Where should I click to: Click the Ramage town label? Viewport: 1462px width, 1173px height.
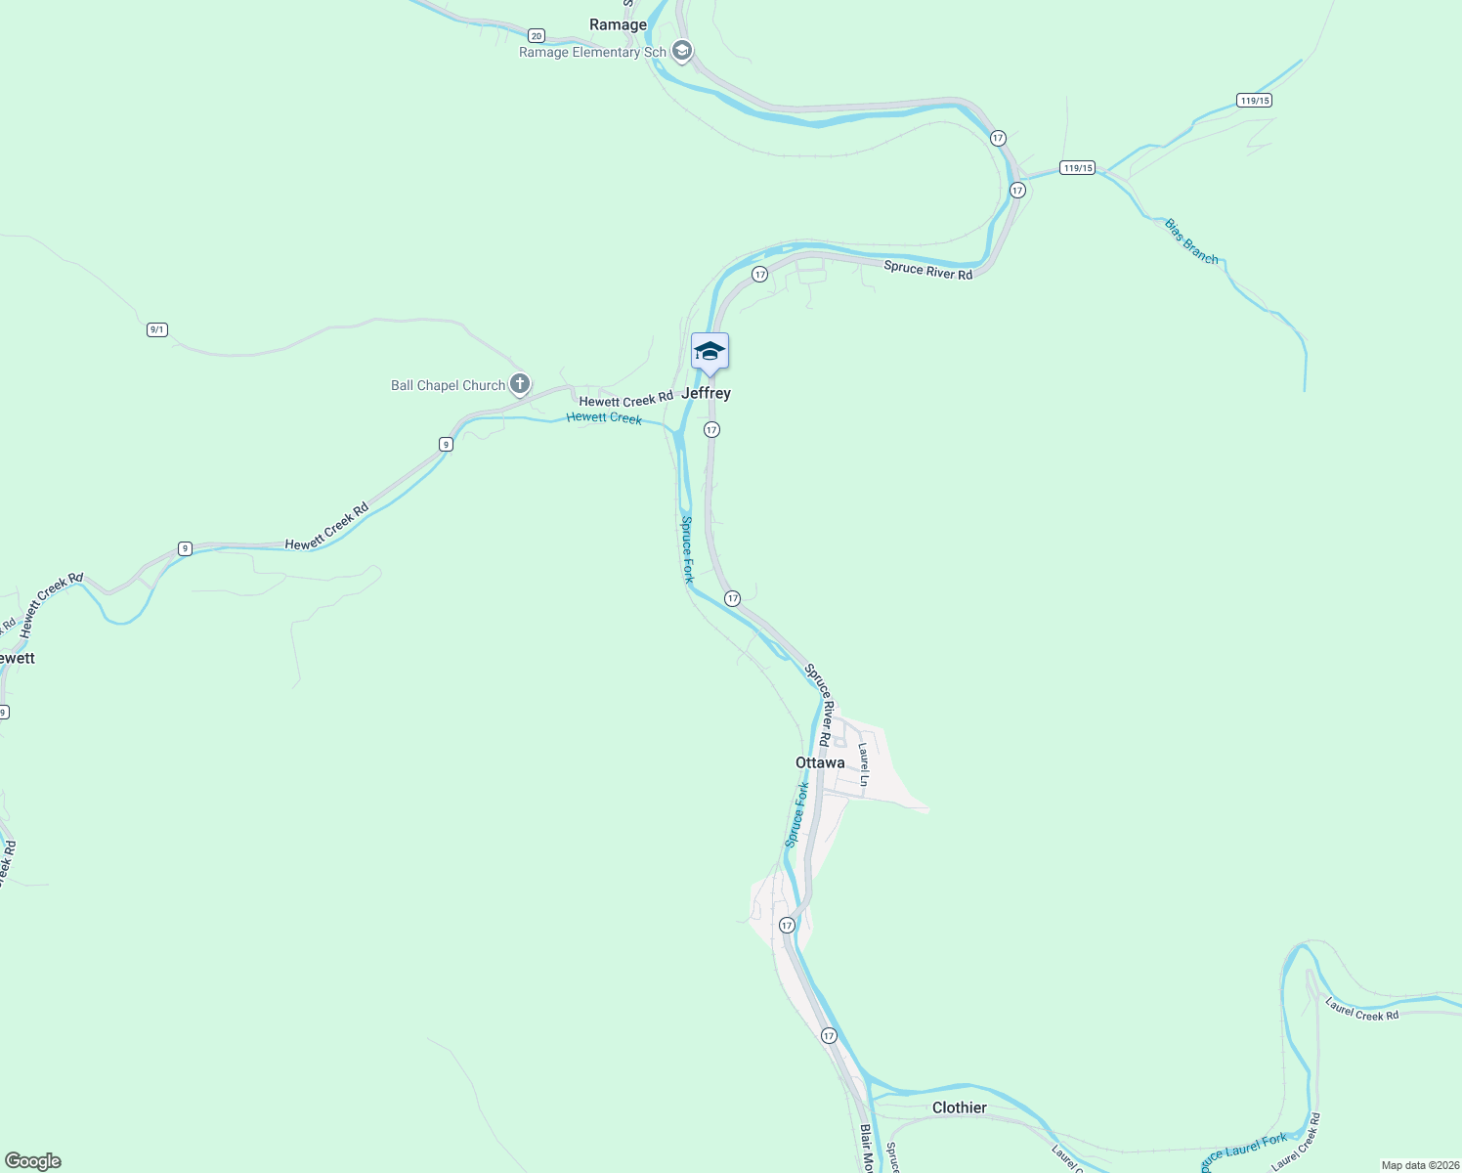click(618, 24)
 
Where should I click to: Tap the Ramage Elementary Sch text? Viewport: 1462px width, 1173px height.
click(592, 53)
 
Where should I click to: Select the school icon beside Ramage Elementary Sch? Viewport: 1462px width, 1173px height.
click(682, 51)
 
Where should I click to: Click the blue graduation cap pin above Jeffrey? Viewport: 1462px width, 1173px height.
click(709, 352)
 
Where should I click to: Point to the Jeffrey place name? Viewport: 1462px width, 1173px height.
click(706, 393)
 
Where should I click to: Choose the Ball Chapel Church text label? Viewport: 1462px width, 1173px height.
click(448, 385)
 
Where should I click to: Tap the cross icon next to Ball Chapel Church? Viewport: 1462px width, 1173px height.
click(520, 384)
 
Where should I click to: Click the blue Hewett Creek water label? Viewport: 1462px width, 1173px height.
click(604, 417)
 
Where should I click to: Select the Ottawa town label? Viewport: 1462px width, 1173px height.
click(820, 762)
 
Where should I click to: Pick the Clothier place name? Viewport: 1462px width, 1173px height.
click(959, 1108)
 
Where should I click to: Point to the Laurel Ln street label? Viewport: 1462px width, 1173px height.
click(864, 764)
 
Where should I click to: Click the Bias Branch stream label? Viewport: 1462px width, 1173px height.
click(1191, 241)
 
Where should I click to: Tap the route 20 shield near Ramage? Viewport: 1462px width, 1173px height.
click(536, 35)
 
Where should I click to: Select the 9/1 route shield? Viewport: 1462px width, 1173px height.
click(157, 329)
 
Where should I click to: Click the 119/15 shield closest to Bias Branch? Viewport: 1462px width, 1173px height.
click(1077, 168)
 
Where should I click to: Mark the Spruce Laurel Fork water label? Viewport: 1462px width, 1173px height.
click(1244, 1151)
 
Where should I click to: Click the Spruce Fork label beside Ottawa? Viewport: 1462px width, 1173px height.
click(797, 814)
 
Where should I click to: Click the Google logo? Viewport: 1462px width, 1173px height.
click(33, 1161)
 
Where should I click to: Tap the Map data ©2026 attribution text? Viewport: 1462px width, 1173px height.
click(1419, 1165)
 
